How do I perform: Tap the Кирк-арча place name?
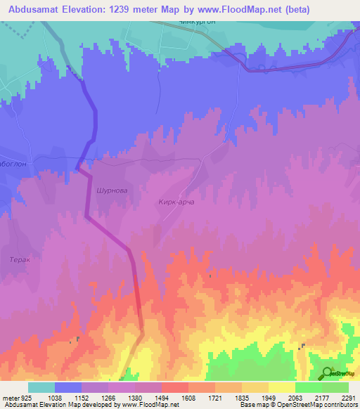[172, 202]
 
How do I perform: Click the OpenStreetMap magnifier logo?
[327, 374]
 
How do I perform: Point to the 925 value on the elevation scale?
[27, 398]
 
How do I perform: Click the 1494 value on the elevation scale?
[162, 398]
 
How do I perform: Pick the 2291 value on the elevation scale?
[348, 398]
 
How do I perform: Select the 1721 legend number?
[215, 398]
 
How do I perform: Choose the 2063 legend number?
[295, 398]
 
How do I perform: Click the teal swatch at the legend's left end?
[41, 387]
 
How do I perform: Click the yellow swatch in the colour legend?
[281, 387]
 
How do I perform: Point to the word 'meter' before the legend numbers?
[10, 398]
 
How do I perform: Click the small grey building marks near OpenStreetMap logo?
[302, 346]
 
